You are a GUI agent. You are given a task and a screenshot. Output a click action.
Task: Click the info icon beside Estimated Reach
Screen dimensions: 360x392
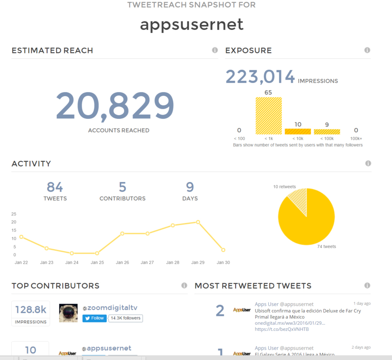(215, 50)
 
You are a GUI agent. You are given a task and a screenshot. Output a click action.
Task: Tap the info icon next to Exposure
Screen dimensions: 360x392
(367, 50)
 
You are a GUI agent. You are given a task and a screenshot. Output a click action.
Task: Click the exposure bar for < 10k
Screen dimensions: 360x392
(298, 132)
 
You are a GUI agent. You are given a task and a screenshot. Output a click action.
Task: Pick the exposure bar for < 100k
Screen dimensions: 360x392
(327, 132)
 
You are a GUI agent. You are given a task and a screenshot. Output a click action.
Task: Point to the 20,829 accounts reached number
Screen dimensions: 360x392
(115, 106)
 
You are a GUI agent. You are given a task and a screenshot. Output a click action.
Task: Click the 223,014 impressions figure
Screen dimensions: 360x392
(260, 77)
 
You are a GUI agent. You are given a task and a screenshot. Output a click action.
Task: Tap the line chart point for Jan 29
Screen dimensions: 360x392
(198, 222)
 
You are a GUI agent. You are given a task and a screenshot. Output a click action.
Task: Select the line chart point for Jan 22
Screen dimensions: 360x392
(21, 237)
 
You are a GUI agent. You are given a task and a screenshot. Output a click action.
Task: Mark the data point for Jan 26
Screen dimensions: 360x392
(122, 233)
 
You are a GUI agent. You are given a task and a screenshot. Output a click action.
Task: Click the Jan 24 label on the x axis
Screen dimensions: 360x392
(72, 263)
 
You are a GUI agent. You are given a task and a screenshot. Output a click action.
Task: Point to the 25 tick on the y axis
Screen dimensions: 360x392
(14, 214)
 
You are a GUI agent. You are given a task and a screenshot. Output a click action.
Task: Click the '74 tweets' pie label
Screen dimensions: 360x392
(326, 247)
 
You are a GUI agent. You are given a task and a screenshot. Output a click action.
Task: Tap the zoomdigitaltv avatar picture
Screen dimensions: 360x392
(68, 313)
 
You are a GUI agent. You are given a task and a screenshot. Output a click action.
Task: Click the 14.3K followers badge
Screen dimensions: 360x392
(126, 318)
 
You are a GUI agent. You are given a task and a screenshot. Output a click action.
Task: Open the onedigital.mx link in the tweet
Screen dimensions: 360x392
(290, 323)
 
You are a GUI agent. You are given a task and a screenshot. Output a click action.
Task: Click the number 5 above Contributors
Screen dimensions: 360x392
(122, 187)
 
